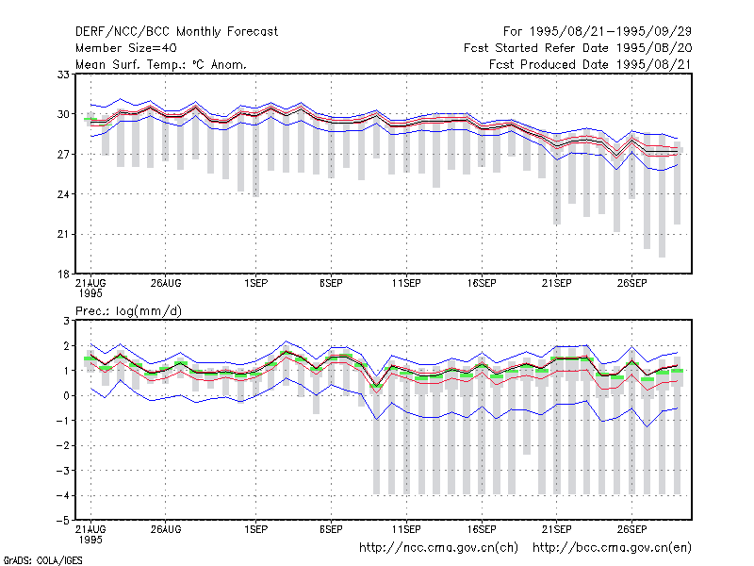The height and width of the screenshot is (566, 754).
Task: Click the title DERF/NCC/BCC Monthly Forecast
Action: pos(176,32)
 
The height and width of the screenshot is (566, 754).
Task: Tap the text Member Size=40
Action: pos(126,48)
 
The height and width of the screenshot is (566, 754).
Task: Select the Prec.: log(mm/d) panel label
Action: pos(128,311)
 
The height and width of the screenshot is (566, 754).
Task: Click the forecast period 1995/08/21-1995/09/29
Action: pos(598,32)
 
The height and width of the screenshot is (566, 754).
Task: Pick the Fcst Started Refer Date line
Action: pos(578,48)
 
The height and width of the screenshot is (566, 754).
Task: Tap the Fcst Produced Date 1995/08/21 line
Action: pos(591,64)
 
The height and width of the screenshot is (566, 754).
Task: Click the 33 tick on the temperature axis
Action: pos(63,75)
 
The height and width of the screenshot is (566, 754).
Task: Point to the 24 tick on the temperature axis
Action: pos(63,194)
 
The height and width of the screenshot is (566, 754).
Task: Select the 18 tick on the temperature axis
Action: pos(63,275)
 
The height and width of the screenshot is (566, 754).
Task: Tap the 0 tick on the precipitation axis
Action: pos(67,395)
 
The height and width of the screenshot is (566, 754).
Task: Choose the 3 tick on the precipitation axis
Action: pos(67,321)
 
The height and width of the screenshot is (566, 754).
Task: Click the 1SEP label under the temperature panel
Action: pos(255,284)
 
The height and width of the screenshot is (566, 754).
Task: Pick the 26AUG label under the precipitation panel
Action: pos(166,529)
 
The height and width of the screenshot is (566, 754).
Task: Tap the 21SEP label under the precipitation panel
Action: pos(556,529)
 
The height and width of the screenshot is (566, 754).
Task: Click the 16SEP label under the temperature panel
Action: pos(482,284)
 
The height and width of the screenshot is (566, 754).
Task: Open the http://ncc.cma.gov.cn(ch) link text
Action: pos(438,548)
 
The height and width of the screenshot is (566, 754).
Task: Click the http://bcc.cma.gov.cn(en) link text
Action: pos(612,548)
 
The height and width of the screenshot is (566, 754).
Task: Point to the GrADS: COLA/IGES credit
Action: pos(42,560)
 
